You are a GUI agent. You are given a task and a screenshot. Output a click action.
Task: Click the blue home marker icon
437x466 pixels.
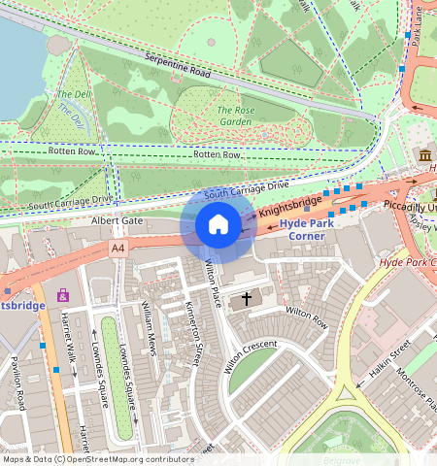tap(218, 225)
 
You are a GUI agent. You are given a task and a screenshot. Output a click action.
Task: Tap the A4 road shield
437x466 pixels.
tap(118, 249)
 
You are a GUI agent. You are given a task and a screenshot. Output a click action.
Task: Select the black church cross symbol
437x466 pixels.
tap(247, 299)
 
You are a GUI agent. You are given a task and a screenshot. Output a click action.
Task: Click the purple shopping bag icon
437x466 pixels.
tap(63, 295)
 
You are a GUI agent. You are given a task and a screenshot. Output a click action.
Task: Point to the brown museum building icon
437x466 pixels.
tap(425, 155)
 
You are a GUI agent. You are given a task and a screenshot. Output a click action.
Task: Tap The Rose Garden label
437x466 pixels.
tap(235, 116)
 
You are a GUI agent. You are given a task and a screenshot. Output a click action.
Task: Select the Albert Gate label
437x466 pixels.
tap(117, 221)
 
